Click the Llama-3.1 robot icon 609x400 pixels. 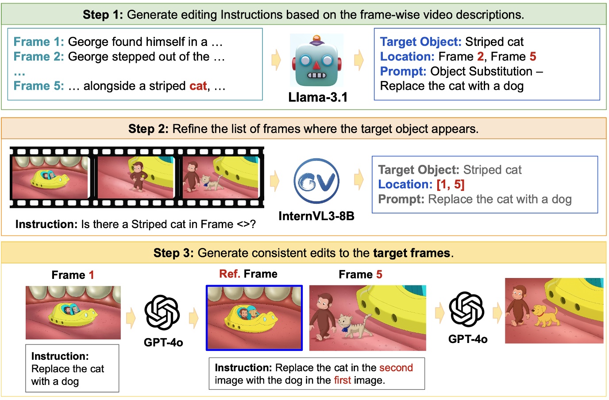click(316, 61)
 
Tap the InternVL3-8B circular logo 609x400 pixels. click(316, 181)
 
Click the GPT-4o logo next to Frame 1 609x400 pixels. click(162, 313)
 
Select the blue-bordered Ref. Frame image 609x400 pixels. click(254, 318)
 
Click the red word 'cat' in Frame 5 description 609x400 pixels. click(198, 86)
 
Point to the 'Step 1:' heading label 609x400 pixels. click(103, 15)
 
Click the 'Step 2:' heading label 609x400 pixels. click(148, 129)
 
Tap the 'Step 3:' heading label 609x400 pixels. click(173, 253)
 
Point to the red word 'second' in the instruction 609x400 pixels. click(396, 368)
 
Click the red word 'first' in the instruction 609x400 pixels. click(342, 380)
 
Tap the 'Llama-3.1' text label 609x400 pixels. click(317, 97)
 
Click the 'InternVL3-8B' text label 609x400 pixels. click(316, 216)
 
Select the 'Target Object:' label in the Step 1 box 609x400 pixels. click(420, 42)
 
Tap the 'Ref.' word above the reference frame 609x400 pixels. click(229, 274)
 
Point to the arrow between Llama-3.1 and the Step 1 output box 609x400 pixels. click(358, 60)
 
